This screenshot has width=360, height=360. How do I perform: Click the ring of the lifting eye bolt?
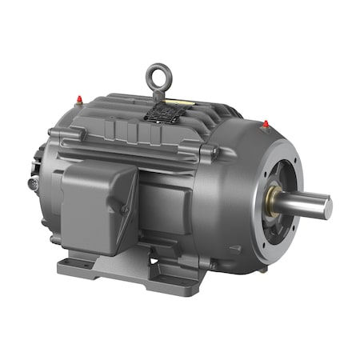click(x=156, y=77)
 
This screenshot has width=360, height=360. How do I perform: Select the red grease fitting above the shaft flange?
click(x=265, y=125)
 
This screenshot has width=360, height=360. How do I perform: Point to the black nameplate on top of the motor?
click(x=164, y=113)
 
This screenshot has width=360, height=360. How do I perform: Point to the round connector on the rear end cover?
click(x=32, y=184)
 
